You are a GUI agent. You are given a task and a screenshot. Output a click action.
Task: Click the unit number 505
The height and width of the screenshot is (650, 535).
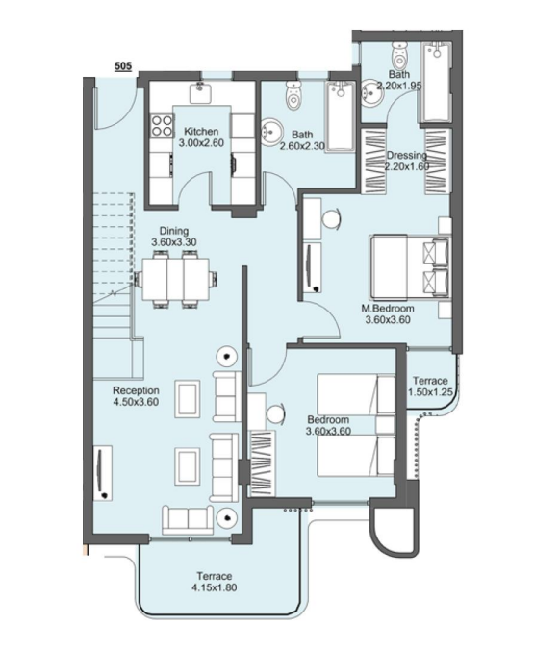point(123,65)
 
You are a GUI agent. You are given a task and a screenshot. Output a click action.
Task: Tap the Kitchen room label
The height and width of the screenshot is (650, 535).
point(201,132)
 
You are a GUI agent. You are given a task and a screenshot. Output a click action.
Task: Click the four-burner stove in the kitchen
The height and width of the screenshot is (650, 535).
point(163,126)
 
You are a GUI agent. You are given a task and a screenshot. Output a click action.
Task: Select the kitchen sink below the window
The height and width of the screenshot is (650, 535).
point(201,93)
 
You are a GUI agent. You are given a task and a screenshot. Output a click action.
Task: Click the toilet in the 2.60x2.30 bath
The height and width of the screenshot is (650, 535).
point(293,94)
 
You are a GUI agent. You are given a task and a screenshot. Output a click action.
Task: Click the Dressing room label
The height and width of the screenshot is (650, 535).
point(406,156)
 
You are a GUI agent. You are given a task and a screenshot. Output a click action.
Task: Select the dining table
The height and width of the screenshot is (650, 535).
point(176,279)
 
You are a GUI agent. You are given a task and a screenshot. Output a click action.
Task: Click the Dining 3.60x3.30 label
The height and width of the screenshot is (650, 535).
point(174,237)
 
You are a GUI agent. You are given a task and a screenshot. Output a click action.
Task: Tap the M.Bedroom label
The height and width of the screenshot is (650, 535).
point(388,309)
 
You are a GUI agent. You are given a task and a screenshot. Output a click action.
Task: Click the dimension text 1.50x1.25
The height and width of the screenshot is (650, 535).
point(430,391)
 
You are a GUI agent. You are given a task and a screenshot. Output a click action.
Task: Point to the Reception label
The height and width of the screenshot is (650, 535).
point(136,390)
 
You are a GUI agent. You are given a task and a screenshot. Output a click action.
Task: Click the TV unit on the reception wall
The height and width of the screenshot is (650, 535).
point(102,473)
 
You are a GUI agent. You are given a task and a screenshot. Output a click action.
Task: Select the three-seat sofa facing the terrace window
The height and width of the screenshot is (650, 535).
point(188,519)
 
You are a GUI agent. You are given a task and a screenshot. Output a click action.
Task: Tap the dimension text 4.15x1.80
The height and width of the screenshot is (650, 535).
point(215,587)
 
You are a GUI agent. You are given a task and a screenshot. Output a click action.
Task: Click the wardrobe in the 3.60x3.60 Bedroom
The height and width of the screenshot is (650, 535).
point(262,463)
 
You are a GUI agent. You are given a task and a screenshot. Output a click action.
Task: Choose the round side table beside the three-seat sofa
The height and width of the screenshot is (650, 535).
point(226,517)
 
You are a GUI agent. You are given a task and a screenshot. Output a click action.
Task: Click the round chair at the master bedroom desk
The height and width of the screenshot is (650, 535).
point(331,218)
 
